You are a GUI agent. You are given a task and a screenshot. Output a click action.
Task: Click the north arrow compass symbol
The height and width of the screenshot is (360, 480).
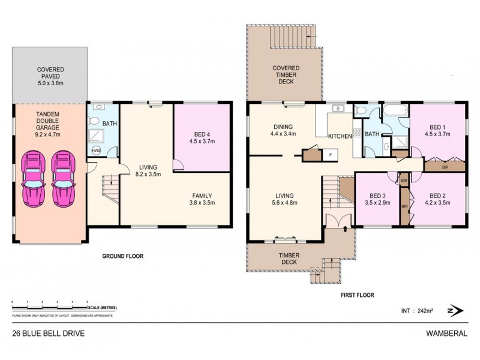click(454, 310)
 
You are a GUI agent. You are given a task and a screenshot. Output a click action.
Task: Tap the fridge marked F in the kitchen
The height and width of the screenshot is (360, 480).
click(329, 154)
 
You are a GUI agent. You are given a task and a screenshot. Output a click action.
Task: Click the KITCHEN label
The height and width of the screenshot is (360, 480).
click(340, 137)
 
